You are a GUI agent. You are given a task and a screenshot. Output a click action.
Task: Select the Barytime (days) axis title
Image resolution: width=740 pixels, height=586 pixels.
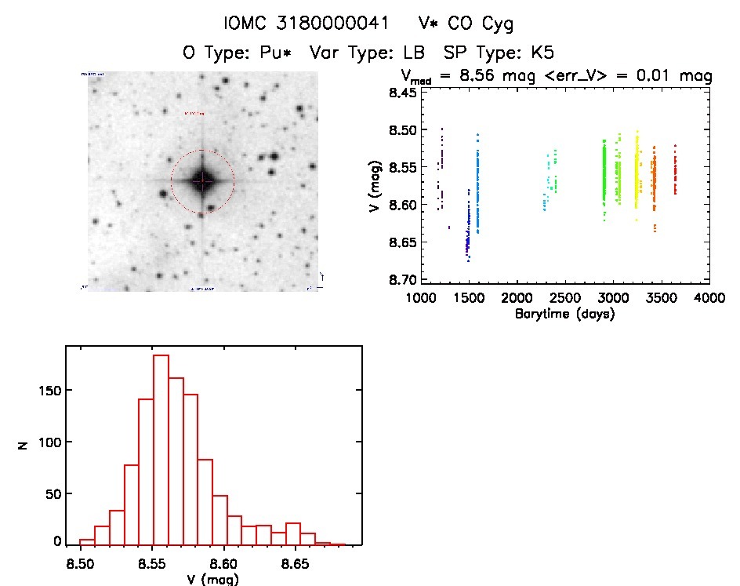(x=564, y=314)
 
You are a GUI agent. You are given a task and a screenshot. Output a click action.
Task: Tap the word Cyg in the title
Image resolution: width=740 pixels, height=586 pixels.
(x=498, y=24)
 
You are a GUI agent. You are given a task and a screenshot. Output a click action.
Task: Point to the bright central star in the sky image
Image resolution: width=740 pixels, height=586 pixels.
(x=202, y=181)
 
